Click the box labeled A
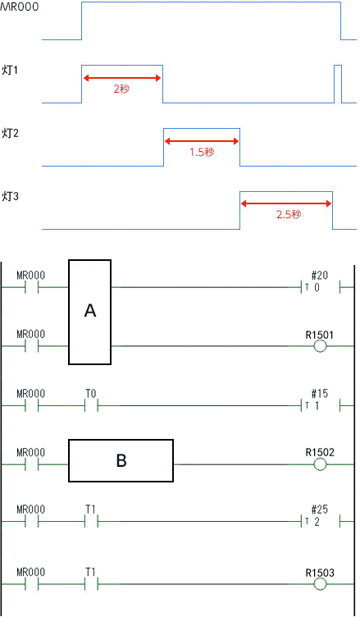click(x=89, y=312)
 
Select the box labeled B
click(x=121, y=460)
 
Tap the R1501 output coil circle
click(x=320, y=346)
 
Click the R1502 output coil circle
click(x=320, y=464)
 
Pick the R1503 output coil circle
click(x=320, y=584)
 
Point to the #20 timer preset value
click(x=320, y=276)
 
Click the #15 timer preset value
click(x=320, y=394)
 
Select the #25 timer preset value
click(x=320, y=510)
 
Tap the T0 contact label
click(x=91, y=394)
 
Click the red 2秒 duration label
click(x=121, y=89)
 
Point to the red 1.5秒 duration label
click(x=202, y=152)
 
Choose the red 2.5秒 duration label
click(x=289, y=214)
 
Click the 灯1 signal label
click(x=10, y=71)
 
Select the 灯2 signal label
click(x=10, y=134)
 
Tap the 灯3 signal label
click(x=10, y=196)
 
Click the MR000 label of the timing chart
click(x=20, y=7)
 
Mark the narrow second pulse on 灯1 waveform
click(x=338, y=84)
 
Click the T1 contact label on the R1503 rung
click(x=91, y=572)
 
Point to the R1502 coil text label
click(x=320, y=453)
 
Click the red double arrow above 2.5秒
click(x=286, y=203)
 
